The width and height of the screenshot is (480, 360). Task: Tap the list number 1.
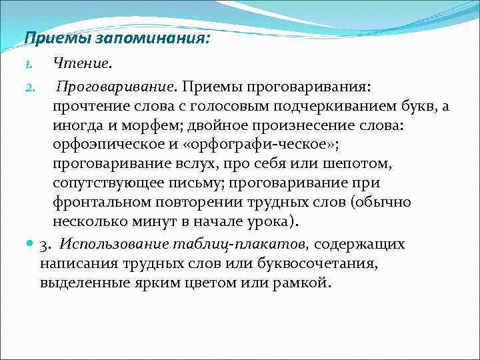coord(27,65)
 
